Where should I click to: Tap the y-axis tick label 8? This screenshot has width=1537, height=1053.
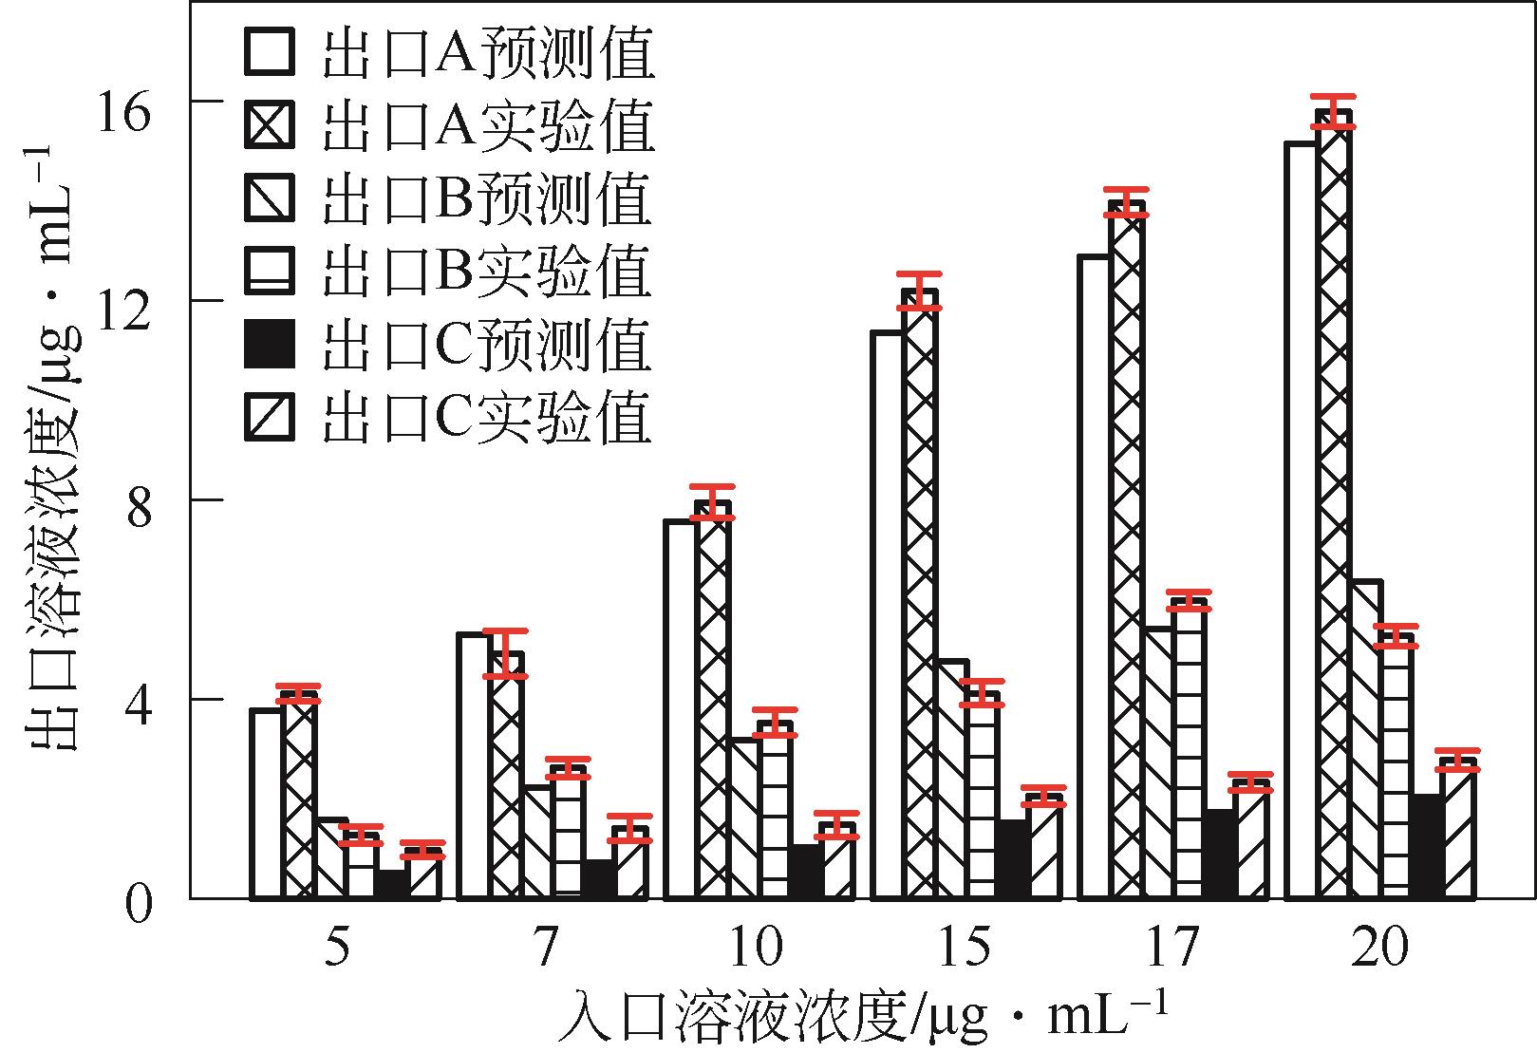pos(139,513)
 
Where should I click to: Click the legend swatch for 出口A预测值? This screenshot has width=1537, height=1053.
pos(270,51)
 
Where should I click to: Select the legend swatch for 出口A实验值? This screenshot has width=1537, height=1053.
pos(270,124)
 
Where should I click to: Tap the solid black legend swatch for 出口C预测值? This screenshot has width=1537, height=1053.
pos(270,343)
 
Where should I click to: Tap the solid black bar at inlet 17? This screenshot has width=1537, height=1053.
pos(1220,854)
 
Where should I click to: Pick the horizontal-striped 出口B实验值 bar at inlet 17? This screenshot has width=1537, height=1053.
pos(1189,749)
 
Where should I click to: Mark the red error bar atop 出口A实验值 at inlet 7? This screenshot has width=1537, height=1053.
pos(505,652)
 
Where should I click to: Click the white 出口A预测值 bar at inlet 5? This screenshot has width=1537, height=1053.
pos(266,803)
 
